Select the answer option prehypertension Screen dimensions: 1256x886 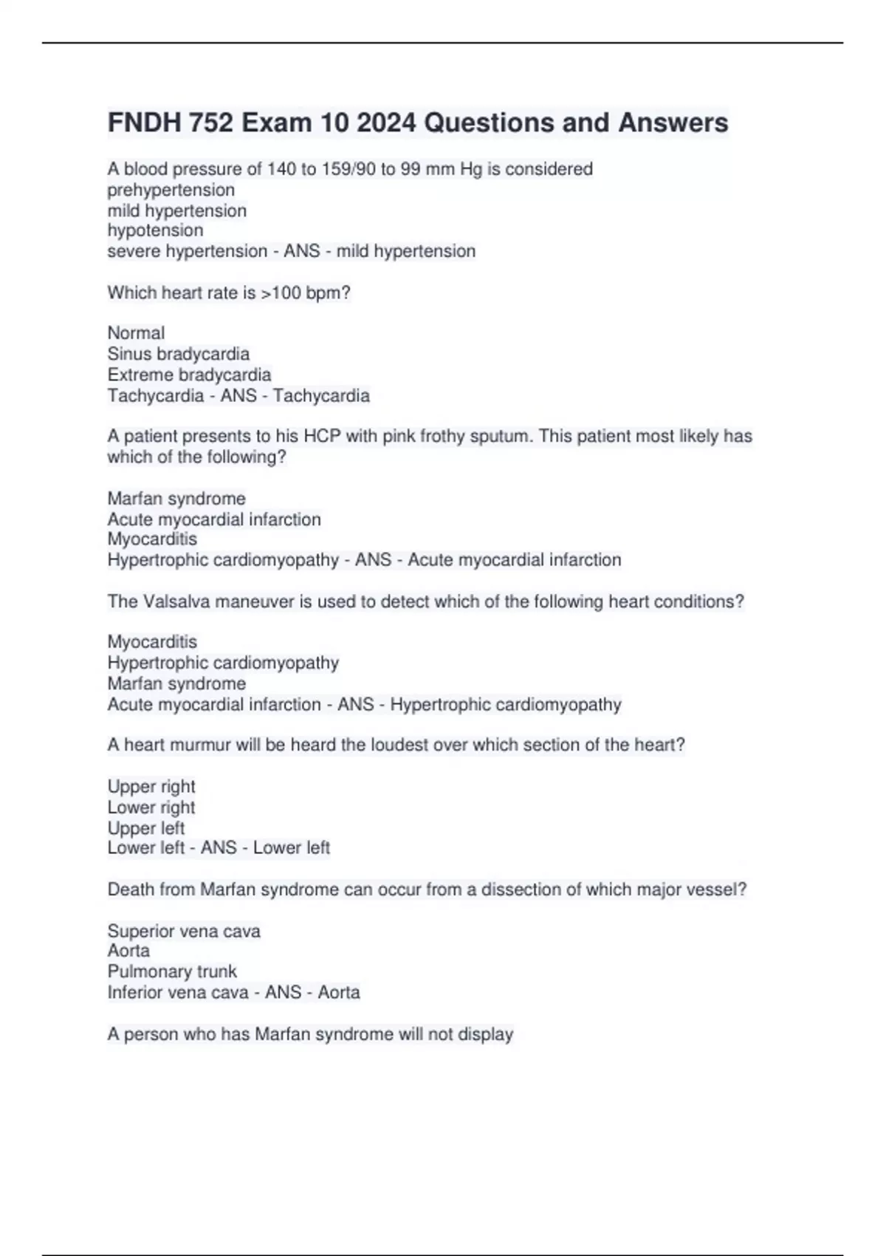(x=171, y=190)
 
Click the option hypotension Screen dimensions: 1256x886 (x=155, y=231)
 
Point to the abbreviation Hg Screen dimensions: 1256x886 (x=470, y=169)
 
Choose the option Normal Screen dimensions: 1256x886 (x=136, y=333)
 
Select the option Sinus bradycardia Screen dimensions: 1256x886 (x=178, y=354)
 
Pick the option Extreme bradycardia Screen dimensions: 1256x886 (x=189, y=375)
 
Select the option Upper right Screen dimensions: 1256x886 (x=151, y=786)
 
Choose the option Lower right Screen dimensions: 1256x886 (x=151, y=807)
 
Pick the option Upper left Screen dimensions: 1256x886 (x=145, y=827)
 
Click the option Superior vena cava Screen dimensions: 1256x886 (x=184, y=931)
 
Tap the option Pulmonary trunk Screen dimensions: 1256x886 (x=172, y=972)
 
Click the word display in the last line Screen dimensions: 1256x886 (x=485, y=1034)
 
